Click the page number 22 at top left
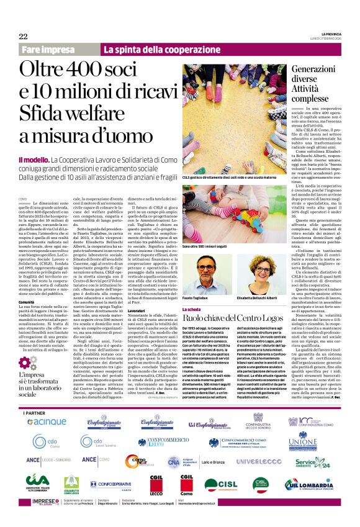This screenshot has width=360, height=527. (x=23, y=36)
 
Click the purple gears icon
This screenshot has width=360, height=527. (x=29, y=363)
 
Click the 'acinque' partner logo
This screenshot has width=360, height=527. (x=47, y=421)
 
